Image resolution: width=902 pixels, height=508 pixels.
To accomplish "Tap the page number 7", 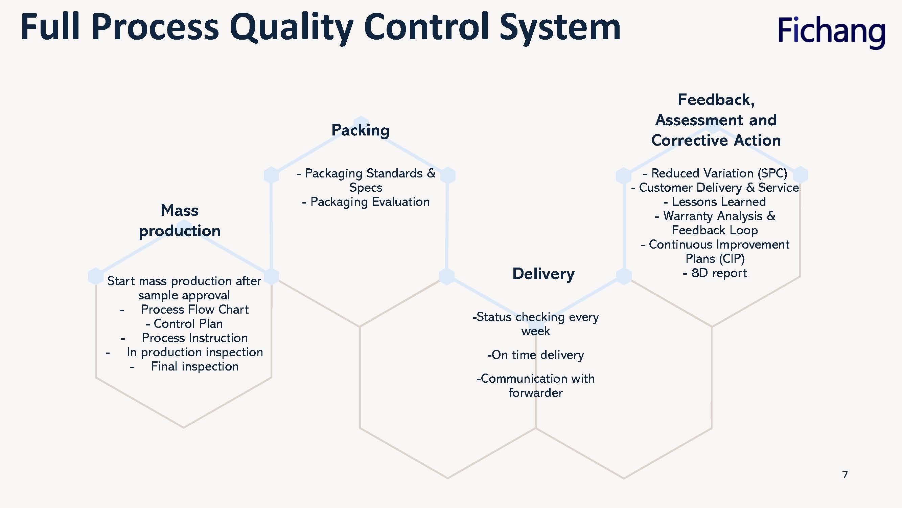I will pos(845,475).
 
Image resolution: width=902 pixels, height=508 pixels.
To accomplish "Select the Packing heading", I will pos(360,130).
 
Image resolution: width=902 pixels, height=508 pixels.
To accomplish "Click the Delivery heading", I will pos(543,274).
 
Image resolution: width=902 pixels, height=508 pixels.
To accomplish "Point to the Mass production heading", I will pos(180,220).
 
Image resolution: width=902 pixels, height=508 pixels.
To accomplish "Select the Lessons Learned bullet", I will pos(715,202).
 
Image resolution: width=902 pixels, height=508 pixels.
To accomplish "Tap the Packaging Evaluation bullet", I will pos(366,202).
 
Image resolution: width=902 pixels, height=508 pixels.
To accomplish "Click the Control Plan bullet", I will pos(185,323).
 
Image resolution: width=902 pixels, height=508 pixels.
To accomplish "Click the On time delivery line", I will pos(535,355).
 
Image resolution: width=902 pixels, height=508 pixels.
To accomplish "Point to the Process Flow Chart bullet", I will pos(185,309).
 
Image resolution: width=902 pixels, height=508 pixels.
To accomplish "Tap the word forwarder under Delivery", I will pos(535,393).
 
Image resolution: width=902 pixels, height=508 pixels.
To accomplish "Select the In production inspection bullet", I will pos(185,352).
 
